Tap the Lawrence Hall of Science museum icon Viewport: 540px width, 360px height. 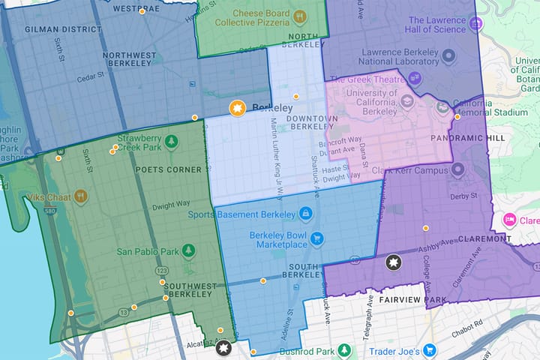[475, 25]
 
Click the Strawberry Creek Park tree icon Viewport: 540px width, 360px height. [172, 140]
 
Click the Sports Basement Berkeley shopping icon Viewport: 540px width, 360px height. [305, 214]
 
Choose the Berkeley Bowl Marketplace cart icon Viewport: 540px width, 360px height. [317, 239]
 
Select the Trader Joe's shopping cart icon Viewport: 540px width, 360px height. [430, 350]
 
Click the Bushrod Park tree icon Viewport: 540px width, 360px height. [344, 350]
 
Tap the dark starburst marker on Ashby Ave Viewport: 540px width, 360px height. [394, 263]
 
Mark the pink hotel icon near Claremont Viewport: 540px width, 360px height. [508, 220]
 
